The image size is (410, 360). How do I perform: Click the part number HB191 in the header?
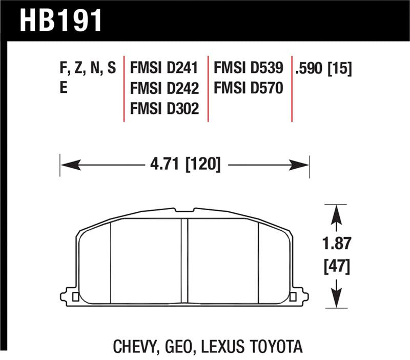(60, 21)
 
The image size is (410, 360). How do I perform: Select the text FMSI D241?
(164, 68)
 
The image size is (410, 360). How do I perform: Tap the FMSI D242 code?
(165, 88)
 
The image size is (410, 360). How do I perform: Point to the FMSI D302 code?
(165, 108)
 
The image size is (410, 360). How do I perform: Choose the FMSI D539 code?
(249, 68)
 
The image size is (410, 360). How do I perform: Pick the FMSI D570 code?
(249, 88)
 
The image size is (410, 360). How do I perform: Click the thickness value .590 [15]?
(323, 68)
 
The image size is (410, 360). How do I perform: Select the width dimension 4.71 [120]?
(186, 164)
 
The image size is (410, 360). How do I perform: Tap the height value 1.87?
(337, 243)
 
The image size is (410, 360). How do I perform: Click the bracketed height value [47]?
(337, 267)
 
